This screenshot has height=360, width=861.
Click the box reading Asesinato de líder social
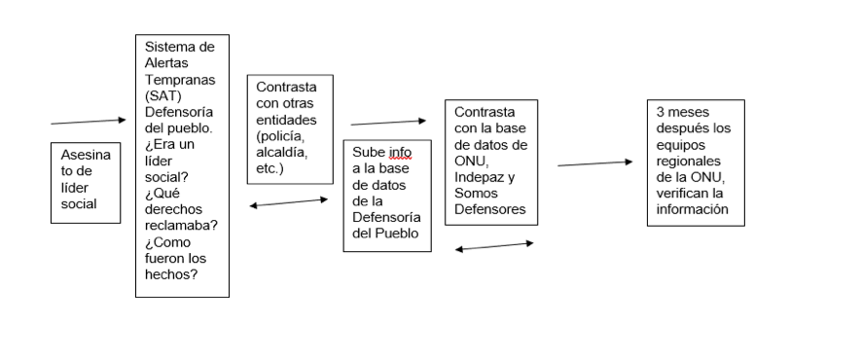tap(86, 182)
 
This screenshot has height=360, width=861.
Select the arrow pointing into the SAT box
tap(88, 122)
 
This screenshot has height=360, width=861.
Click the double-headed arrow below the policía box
tap(289, 202)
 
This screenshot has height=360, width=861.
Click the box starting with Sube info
tap(387, 196)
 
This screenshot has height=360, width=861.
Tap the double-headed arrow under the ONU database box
tap(494, 246)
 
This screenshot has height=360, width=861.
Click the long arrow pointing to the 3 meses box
tap(594, 163)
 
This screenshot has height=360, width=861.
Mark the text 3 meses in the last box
tap(678, 114)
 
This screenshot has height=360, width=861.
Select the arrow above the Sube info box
tap(387, 123)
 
